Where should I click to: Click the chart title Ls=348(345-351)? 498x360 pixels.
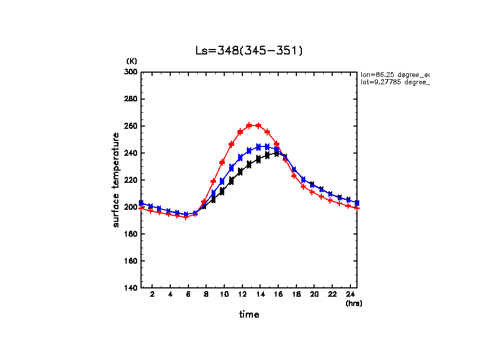249,51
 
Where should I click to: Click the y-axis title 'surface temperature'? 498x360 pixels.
116,179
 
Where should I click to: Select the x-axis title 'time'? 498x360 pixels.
249,314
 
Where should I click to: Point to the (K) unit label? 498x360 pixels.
132,61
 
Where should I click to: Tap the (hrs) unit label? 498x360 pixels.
354,303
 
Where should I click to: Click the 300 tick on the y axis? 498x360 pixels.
131,72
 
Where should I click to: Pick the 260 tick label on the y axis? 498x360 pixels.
131,126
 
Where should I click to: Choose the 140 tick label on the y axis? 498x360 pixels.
131,288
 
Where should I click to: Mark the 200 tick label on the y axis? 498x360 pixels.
131,207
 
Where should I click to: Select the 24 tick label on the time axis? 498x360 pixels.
349,294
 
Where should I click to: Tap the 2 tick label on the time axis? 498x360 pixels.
151,294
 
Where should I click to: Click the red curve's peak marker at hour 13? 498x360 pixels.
249,126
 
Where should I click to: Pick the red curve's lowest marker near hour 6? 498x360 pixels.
186,217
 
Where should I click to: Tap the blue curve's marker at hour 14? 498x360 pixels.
258,147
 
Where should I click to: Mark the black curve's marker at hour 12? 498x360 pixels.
240,172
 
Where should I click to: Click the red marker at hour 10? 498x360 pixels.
222,162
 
